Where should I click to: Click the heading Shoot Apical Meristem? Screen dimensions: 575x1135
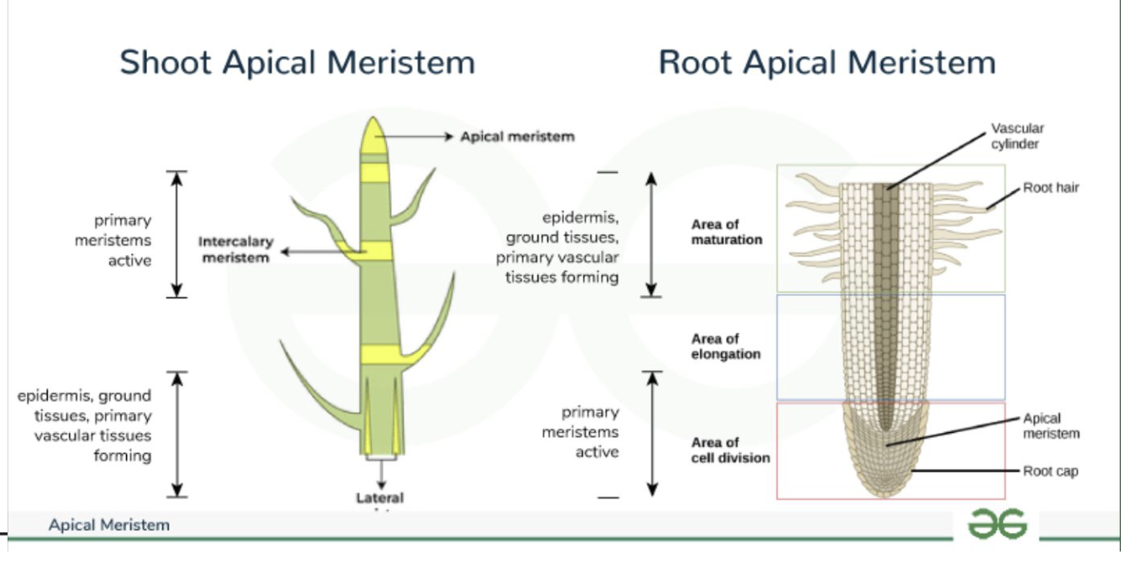click(x=297, y=64)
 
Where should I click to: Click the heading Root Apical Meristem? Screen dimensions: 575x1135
click(x=827, y=64)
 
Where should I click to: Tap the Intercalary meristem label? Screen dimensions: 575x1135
click(x=236, y=250)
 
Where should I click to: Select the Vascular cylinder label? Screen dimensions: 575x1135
click(x=1017, y=135)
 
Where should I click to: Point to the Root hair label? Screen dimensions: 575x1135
click(x=1051, y=188)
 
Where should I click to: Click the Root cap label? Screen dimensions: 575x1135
click(x=1051, y=471)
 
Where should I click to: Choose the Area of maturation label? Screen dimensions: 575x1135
click(x=726, y=232)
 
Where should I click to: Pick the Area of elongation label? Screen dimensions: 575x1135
click(x=725, y=347)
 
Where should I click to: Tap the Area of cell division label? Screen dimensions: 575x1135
click(x=730, y=450)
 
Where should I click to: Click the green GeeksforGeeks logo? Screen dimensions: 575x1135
click(x=996, y=524)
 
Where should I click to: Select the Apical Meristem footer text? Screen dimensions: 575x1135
click(x=109, y=526)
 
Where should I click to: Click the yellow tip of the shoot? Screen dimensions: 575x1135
click(x=374, y=134)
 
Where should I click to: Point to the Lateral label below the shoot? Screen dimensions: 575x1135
click(x=380, y=498)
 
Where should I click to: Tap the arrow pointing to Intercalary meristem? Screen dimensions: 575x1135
click(x=322, y=251)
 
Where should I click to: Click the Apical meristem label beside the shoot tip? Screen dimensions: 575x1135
click(x=517, y=136)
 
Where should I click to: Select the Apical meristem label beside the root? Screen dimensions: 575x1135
click(x=1051, y=425)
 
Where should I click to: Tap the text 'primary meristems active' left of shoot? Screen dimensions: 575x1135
click(x=124, y=241)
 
